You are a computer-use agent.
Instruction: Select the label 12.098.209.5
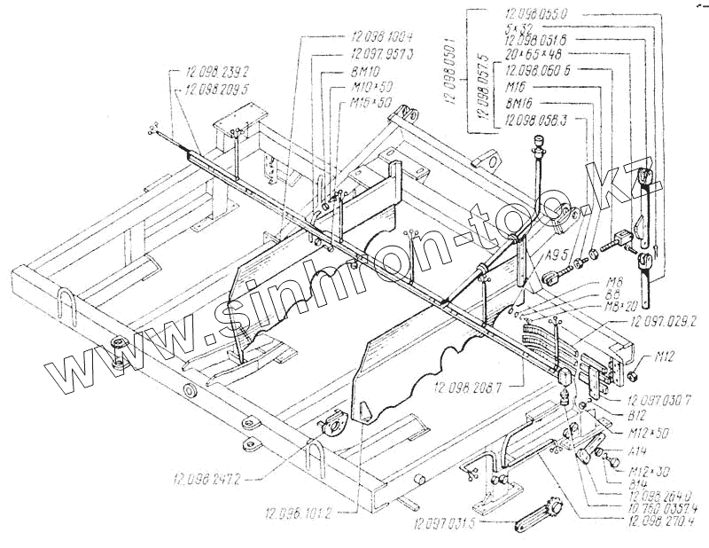tap(217, 89)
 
